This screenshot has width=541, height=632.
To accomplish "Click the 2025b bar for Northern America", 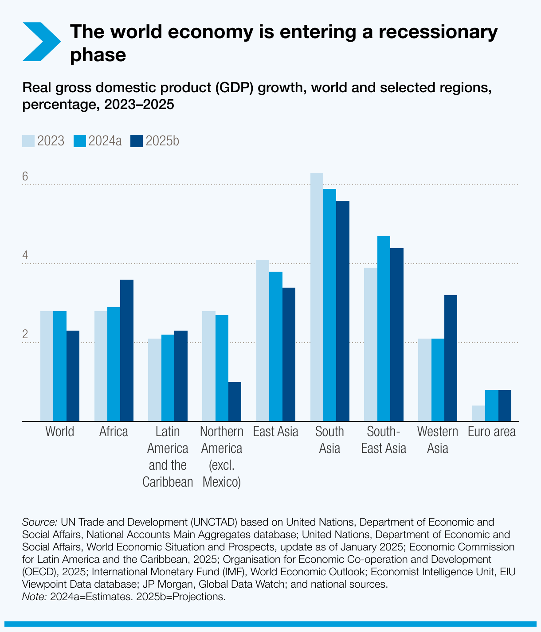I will pyautogui.click(x=235, y=402).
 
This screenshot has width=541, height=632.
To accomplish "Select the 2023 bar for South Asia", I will pyautogui.click(x=317, y=297).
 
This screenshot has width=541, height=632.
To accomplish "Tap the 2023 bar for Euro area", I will pyautogui.click(x=478, y=413).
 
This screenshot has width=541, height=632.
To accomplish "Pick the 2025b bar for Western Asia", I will pyautogui.click(x=451, y=358).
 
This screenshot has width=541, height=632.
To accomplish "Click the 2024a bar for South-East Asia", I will pyautogui.click(x=384, y=328).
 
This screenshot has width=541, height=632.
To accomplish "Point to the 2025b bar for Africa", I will pyautogui.click(x=127, y=350).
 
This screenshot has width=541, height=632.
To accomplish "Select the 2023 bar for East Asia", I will pyautogui.click(x=263, y=340).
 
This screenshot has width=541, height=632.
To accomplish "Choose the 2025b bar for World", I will pyautogui.click(x=73, y=376).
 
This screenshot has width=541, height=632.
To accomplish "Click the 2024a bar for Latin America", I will pyautogui.click(x=168, y=378).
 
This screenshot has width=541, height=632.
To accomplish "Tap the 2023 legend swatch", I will pyautogui.click(x=28, y=141).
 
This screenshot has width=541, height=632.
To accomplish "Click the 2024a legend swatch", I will pyautogui.click(x=79, y=141).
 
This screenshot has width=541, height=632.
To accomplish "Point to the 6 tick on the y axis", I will pyautogui.click(x=25, y=176).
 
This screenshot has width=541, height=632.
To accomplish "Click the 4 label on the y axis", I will pyautogui.click(x=25, y=256).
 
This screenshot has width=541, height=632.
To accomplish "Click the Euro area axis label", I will pyautogui.click(x=491, y=432).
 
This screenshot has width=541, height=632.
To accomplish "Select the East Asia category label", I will pyautogui.click(x=275, y=432).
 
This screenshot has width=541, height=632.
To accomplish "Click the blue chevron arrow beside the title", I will pyautogui.click(x=41, y=42).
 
